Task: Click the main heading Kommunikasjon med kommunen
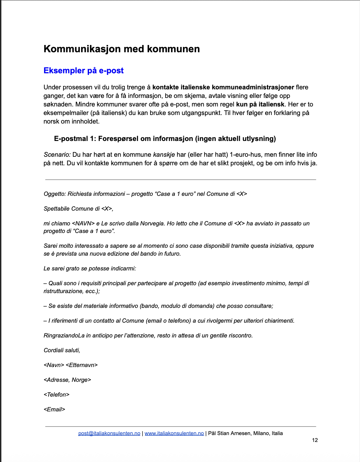click(x=122, y=49)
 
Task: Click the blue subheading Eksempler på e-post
click(x=83, y=71)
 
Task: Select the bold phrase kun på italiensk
click(x=260, y=104)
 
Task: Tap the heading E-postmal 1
click(x=165, y=139)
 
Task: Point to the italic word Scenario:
click(x=57, y=155)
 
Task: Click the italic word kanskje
click(x=164, y=155)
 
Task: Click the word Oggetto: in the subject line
click(x=55, y=194)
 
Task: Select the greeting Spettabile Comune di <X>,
click(x=79, y=209)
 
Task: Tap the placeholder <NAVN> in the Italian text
click(x=83, y=223)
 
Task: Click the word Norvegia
click(x=152, y=223)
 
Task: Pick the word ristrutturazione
click(x=62, y=291)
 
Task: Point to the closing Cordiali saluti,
click(x=62, y=350)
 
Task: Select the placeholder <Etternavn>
click(x=81, y=365)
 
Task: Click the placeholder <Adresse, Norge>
click(x=67, y=380)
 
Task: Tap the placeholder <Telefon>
click(x=56, y=395)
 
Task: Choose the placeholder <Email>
click(x=55, y=409)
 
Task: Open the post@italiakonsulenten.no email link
click(x=109, y=433)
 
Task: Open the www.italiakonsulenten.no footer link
click(x=174, y=433)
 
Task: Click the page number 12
click(x=315, y=440)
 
